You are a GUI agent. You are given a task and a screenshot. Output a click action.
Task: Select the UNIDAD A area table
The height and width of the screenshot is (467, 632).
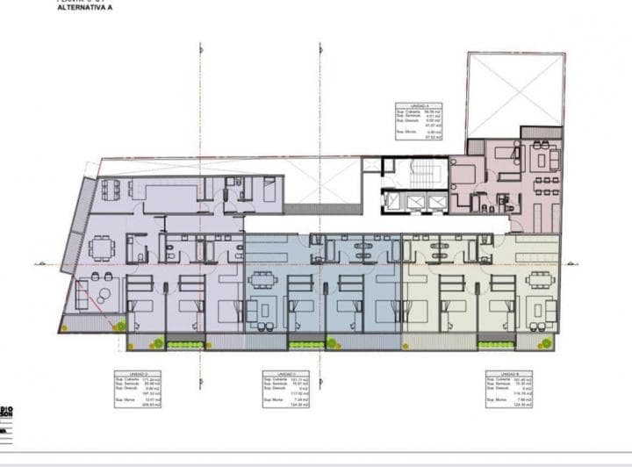(x=419, y=121)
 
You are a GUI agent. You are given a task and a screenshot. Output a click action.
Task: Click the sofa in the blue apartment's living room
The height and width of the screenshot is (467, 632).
(x=260, y=309)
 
